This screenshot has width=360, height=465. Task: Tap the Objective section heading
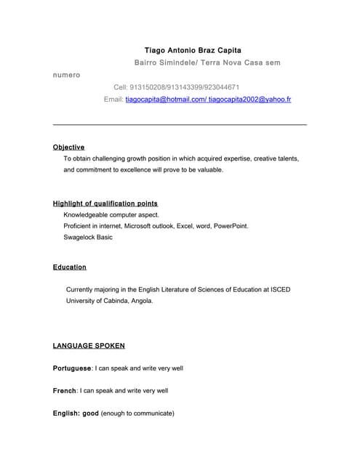[68, 147]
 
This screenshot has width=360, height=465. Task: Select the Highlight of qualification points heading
[105, 203]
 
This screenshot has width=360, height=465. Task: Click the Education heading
[69, 267]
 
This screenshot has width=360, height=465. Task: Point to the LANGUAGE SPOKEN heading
[89, 346]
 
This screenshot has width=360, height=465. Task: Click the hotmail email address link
[166, 99]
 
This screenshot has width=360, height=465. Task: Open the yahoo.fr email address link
[249, 99]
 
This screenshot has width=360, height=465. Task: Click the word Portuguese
[72, 368]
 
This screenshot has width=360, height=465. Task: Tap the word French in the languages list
[65, 391]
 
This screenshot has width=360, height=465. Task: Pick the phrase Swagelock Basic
[88, 237]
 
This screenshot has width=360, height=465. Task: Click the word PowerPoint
[231, 226]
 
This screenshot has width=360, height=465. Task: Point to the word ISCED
[280, 289]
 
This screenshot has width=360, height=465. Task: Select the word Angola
[140, 300]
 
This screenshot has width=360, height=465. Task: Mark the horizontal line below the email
[180, 125]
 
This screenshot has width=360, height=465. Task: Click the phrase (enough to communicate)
[137, 413]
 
